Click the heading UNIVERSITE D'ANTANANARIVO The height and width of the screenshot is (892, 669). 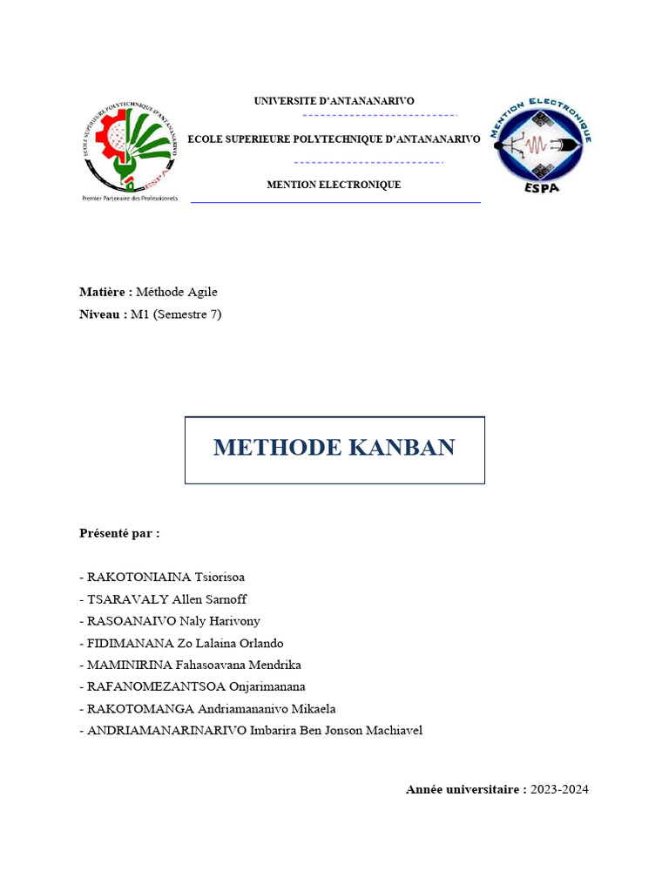pyautogui.click(x=334, y=101)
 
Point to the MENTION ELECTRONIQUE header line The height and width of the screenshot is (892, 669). pyautogui.click(x=334, y=185)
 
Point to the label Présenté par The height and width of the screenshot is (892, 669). pyautogui.click(x=119, y=532)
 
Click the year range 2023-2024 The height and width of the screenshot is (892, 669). pyautogui.click(x=559, y=789)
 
